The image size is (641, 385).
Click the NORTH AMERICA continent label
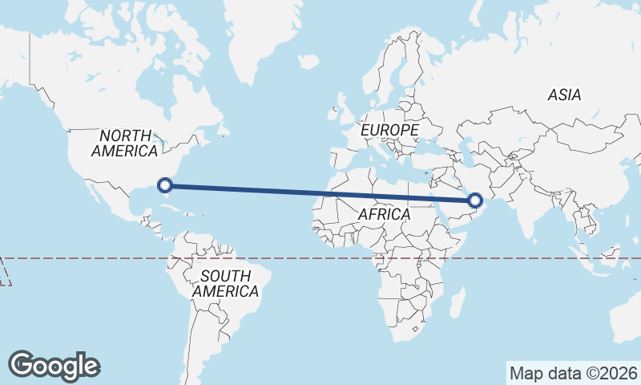point(124,143)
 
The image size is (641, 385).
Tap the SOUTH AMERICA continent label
point(225,283)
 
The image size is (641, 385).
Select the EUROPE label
point(389,129)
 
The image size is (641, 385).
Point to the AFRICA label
point(384,215)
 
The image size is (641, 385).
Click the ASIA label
point(564,95)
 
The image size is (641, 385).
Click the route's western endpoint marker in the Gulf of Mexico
point(165,185)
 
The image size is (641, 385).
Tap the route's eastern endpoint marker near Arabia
point(475,200)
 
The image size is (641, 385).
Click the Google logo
point(54,366)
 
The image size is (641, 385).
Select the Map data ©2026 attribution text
point(573,373)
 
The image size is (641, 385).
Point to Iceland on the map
point(308,61)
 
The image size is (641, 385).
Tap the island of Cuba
point(180,198)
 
